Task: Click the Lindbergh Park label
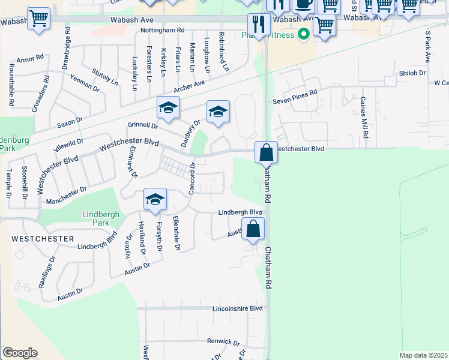[x=101, y=218]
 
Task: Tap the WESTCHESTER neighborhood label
[x=43, y=238]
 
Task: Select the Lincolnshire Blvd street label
[x=238, y=308]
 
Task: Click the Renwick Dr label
[x=223, y=341]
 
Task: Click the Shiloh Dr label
[x=412, y=73]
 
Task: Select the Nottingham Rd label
[x=162, y=30]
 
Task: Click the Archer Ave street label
[x=190, y=86]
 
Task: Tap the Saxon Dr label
[x=70, y=124]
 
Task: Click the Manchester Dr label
[x=67, y=194]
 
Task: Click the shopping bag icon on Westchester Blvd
[x=266, y=152]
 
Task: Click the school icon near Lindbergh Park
[x=155, y=200]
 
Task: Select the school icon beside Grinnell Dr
[x=169, y=107]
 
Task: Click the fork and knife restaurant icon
[x=259, y=24]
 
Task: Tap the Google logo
[x=20, y=353]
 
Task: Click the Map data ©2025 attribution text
[x=423, y=355]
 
